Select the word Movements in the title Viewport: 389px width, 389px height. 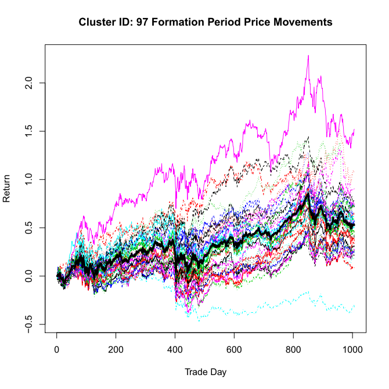[x=304, y=22]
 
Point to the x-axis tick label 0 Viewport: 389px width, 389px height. [x=57, y=351]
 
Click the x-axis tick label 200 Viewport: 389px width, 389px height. [x=116, y=351]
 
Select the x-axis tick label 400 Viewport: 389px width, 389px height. [x=175, y=351]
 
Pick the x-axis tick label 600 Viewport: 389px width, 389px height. [x=235, y=351]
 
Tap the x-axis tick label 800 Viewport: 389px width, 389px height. [x=294, y=351]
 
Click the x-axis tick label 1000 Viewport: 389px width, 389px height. [x=352, y=351]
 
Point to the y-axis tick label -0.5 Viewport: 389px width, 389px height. [x=27, y=324]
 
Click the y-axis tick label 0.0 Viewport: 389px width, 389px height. [x=27, y=276]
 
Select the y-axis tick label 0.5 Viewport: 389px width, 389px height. [x=27, y=227]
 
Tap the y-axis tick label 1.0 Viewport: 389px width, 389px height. [x=27, y=179]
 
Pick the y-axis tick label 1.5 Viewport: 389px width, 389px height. [x=27, y=131]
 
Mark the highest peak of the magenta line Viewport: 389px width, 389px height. [x=308, y=56]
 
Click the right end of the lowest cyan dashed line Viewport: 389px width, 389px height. [x=354, y=305]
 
